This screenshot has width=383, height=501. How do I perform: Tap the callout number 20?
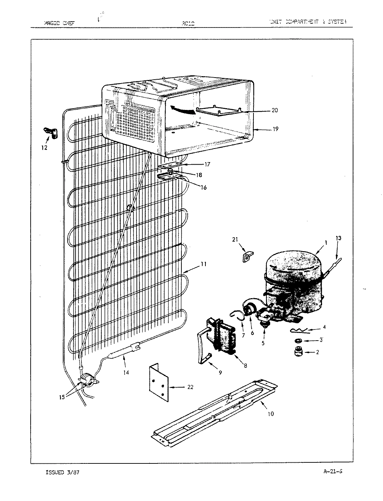tap(275, 111)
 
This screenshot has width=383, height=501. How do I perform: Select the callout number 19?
tap(275, 129)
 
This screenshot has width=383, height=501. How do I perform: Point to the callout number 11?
tap(203, 264)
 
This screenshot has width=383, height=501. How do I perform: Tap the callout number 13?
tap(338, 238)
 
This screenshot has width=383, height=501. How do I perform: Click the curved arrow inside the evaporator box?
tap(182, 111)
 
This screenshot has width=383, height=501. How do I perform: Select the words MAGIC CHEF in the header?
tap(60, 23)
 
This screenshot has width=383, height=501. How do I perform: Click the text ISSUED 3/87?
tap(60, 472)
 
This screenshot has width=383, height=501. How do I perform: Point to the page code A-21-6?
tap(333, 472)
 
